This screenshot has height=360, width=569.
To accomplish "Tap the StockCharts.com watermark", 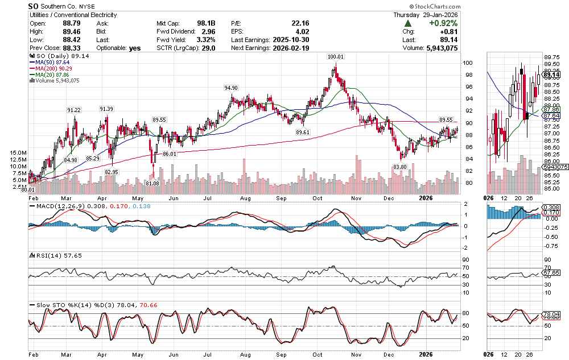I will pyautogui.click(x=532, y=5).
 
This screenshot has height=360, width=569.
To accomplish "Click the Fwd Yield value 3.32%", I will pyautogui.click(x=205, y=40).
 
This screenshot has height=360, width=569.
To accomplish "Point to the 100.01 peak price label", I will pyautogui.click(x=336, y=57).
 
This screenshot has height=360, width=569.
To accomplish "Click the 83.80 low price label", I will pyautogui.click(x=401, y=166).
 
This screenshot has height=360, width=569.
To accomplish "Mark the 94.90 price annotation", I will pyautogui.click(x=231, y=88).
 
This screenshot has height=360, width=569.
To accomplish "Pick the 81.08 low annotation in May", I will pyautogui.click(x=152, y=183).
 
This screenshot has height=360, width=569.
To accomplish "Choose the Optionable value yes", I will pyautogui.click(x=135, y=48).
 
